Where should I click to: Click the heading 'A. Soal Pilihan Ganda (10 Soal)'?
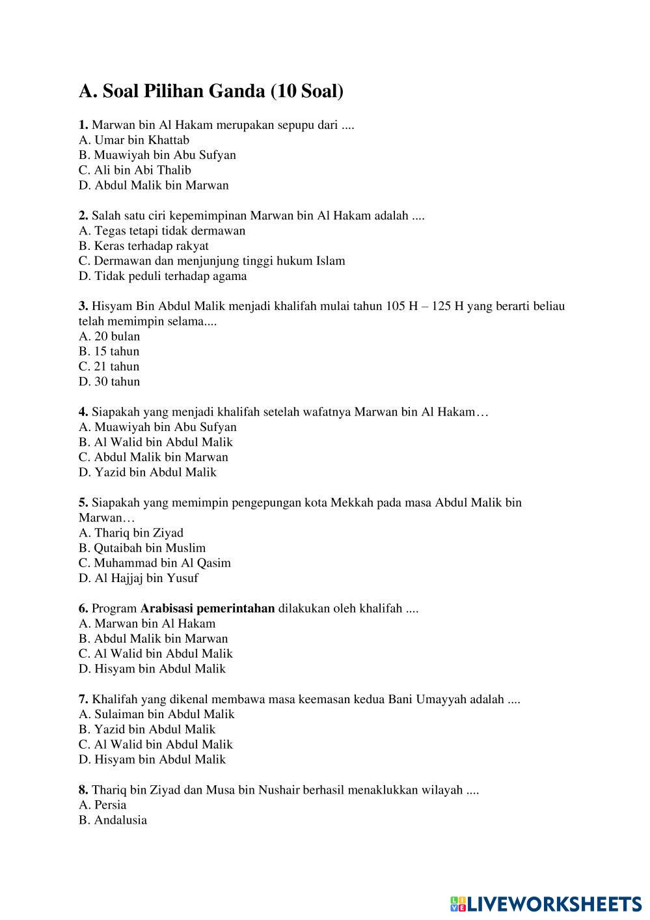211,91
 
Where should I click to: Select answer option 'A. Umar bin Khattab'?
134,140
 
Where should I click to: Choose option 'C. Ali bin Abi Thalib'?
135,170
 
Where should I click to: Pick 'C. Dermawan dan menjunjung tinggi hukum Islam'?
211,261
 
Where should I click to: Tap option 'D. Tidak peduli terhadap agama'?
163,276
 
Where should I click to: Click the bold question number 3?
83,306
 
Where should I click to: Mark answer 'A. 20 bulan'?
109,337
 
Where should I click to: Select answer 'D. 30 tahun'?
109,382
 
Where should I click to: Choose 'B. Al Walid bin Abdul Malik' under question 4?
156,442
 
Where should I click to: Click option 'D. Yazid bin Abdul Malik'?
148,472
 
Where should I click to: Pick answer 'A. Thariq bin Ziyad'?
131,533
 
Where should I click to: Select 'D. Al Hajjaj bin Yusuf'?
139,578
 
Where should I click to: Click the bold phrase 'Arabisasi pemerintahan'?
208,609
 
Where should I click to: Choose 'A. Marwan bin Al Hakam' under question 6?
147,624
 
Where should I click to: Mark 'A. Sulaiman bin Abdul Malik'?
156,714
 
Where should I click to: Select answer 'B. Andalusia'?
113,820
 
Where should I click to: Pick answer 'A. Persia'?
103,805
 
